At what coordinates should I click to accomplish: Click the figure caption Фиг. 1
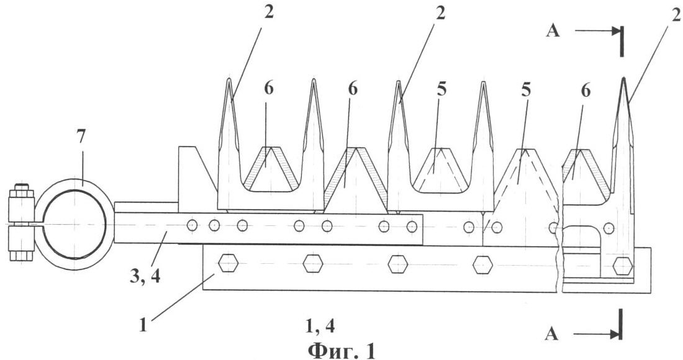click(x=341, y=350)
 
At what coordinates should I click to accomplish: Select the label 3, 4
click(x=145, y=276)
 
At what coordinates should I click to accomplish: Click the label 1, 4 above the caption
click(x=320, y=325)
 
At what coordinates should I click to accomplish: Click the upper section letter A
click(x=553, y=32)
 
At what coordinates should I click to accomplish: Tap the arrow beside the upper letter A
click(x=597, y=31)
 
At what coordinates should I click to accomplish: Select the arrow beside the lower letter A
click(x=597, y=335)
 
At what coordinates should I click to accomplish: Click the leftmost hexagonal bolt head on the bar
click(x=228, y=264)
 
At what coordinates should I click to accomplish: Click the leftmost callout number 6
click(x=268, y=88)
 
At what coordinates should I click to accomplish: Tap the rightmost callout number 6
click(x=586, y=91)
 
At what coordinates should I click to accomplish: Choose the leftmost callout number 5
click(x=441, y=89)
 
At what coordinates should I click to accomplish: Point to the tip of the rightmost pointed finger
click(x=624, y=78)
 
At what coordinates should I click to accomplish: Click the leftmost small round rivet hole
click(x=192, y=225)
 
